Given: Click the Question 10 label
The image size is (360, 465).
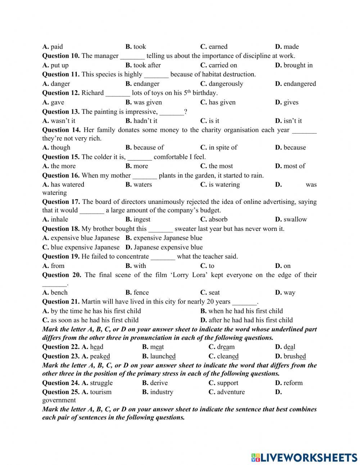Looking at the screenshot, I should coord(61,56).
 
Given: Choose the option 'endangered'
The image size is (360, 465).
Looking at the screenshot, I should coord(300,84).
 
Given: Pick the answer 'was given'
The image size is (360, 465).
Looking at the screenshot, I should coord(148,102).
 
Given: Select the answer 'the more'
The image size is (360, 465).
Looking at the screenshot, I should coord(63,166).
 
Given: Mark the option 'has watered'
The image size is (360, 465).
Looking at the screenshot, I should coord(67,184).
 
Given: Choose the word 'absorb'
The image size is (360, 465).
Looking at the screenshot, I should coord(218,219).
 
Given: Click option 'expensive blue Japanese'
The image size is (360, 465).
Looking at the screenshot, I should coord(85,238).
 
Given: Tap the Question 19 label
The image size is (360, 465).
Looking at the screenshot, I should coord(61,256).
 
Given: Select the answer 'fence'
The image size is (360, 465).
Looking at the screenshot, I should coord(141,292).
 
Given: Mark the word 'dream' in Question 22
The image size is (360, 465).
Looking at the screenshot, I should coord(226,347).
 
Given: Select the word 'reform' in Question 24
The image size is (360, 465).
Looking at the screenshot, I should coord(293,383).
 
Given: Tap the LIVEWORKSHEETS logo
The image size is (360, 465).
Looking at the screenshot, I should coord(304,457).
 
